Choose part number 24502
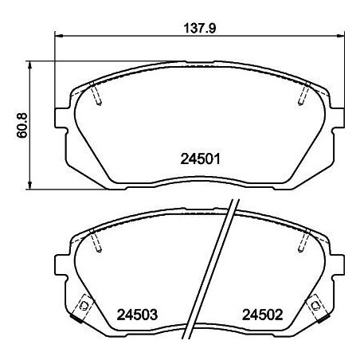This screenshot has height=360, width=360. coord(262,314)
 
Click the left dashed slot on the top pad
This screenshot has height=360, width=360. coord(97,94)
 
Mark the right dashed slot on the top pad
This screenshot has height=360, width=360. coord(303,94)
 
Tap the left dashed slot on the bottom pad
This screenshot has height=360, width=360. coord(96,239)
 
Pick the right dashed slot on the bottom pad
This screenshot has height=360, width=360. coord(305,239)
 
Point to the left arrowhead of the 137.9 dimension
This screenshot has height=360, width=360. coord(58,36)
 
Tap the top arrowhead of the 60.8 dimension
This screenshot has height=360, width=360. coord(30,63)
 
